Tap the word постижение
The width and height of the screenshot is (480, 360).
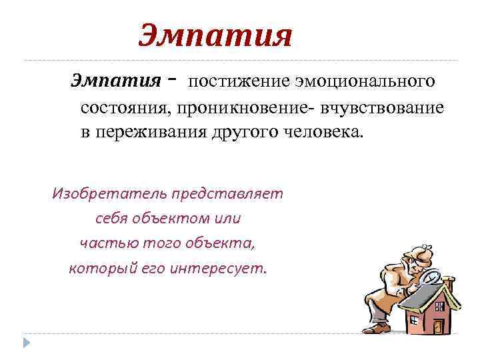(232, 81)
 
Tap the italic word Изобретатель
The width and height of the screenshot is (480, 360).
(109, 193)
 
